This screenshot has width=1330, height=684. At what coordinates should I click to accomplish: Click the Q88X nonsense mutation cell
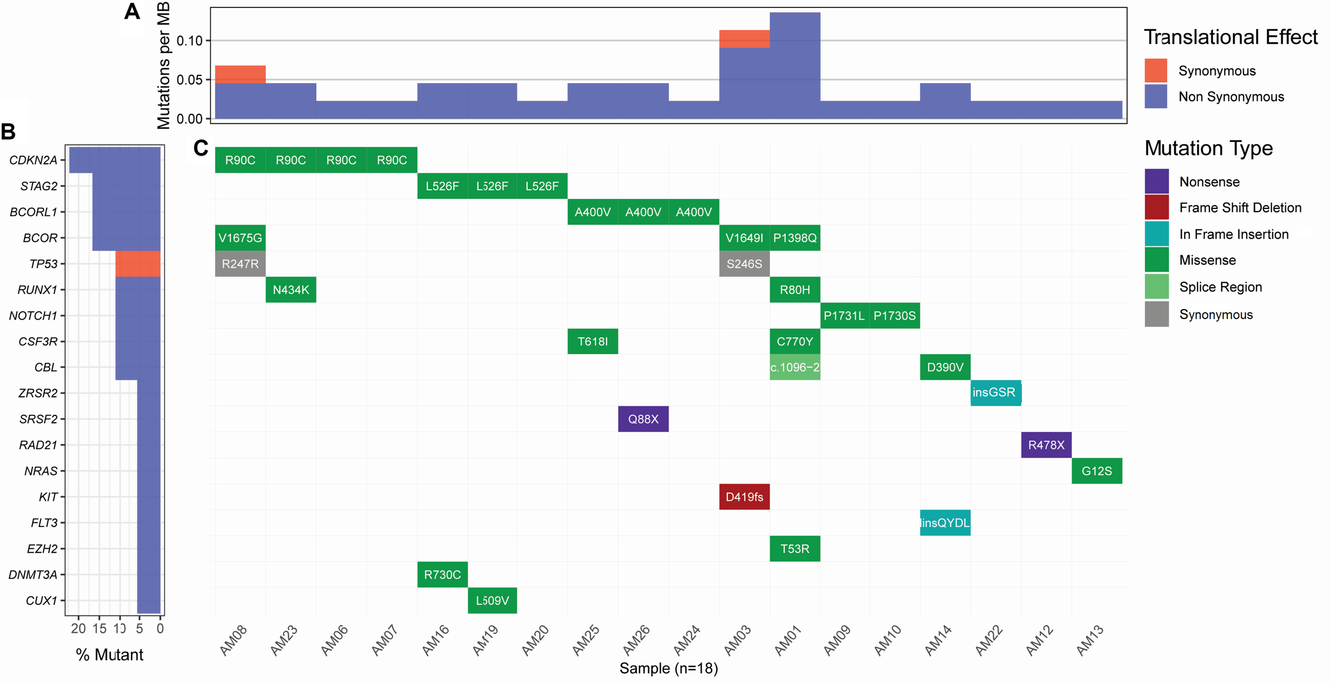(x=643, y=419)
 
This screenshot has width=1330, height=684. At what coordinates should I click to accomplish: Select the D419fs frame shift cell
(x=744, y=497)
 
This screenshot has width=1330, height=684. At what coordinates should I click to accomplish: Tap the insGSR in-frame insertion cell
(x=995, y=393)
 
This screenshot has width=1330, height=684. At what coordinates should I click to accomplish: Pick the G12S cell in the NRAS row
(x=1096, y=471)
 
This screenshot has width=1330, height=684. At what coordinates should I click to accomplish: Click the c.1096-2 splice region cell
(x=794, y=368)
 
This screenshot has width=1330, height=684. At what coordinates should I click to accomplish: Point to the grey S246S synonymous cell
(x=744, y=264)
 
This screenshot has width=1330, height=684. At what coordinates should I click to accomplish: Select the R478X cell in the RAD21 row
(x=1046, y=445)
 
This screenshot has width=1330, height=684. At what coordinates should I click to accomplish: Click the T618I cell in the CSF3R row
(x=592, y=341)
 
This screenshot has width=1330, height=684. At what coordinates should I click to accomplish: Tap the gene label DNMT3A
(x=33, y=574)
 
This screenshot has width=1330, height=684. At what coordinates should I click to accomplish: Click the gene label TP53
(x=43, y=264)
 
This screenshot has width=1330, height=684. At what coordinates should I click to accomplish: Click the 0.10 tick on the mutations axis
(x=189, y=41)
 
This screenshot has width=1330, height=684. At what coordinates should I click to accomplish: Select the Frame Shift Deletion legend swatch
(x=1157, y=208)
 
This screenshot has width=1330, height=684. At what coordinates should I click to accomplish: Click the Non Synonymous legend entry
(x=1231, y=97)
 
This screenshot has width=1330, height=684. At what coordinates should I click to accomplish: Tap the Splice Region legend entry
(x=1220, y=287)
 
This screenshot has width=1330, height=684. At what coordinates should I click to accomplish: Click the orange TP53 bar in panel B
(x=138, y=264)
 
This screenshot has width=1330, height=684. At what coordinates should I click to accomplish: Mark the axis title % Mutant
(x=110, y=655)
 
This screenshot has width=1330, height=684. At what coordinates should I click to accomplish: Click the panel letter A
(x=132, y=12)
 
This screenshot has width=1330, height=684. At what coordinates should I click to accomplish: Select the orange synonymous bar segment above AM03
(x=744, y=39)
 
